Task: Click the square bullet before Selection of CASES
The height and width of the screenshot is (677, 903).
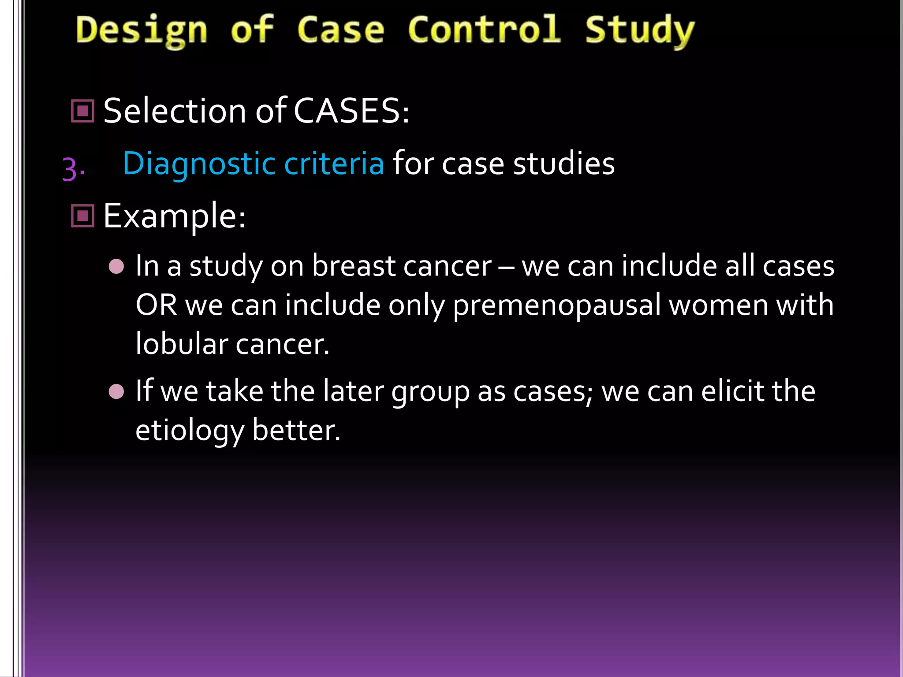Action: point(83,111)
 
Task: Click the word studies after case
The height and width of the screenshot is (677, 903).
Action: point(564,163)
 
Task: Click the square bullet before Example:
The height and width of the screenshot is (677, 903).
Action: point(83,216)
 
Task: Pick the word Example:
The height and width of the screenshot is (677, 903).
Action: point(175,216)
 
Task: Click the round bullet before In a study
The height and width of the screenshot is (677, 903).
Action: point(116,267)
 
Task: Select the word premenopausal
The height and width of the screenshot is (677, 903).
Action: point(556,305)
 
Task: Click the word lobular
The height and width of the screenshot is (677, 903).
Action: point(181,344)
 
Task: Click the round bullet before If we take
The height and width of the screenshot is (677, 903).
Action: point(116,391)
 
